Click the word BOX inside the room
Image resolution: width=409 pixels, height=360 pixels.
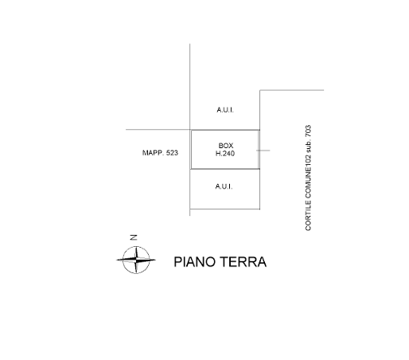(x=226, y=146)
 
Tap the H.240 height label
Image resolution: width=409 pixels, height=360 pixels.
(x=225, y=154)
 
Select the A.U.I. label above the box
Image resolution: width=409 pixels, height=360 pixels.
(x=225, y=110)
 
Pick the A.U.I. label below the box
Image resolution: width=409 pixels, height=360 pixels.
(x=224, y=186)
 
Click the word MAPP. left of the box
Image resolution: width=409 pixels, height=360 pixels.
(x=153, y=153)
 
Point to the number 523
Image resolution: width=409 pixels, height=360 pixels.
(x=172, y=153)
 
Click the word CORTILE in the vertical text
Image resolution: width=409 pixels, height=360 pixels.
(x=308, y=215)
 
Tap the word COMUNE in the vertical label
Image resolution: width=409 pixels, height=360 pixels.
(x=308, y=182)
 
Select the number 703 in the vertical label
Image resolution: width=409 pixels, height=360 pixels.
(x=308, y=131)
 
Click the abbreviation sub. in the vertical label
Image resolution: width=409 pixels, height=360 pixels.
(x=308, y=146)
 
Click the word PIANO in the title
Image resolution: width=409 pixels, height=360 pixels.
(x=194, y=262)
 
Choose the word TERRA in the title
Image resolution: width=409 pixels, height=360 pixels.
(x=243, y=262)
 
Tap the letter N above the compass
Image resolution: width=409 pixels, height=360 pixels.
(x=134, y=237)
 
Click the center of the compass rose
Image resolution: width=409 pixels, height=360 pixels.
(x=136, y=260)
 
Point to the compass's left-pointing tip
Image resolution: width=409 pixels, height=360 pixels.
(x=116, y=260)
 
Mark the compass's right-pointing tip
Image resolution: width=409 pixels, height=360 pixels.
(x=156, y=260)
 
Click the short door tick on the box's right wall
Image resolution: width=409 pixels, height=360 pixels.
(x=263, y=151)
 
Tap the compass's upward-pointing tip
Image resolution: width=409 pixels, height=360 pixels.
(x=137, y=247)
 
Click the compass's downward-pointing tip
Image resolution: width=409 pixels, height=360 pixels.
(x=136, y=273)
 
